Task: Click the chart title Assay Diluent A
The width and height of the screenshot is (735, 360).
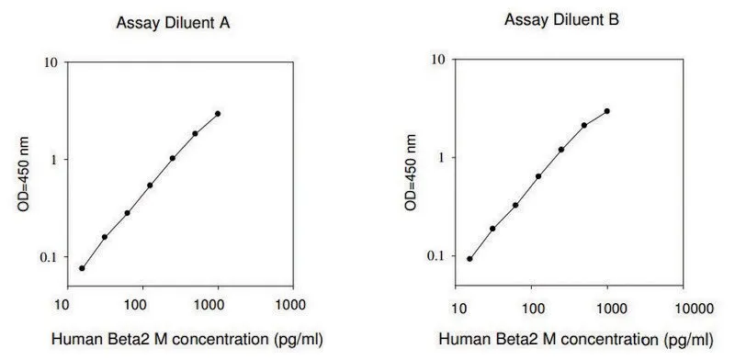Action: [x=173, y=23]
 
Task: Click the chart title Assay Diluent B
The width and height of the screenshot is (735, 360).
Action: [x=561, y=19]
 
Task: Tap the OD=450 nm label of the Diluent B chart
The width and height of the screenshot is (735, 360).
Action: [x=411, y=172]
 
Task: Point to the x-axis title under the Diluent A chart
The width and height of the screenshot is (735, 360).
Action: [x=187, y=339]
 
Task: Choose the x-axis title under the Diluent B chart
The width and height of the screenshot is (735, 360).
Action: [x=576, y=340]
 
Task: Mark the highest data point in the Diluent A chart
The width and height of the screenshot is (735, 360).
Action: [x=218, y=114]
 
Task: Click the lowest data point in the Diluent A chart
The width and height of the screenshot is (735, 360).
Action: [x=82, y=268]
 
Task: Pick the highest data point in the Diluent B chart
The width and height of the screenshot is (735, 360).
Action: [x=607, y=111]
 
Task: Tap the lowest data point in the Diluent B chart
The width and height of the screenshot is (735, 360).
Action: [x=469, y=259]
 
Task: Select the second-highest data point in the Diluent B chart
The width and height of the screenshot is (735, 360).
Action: [x=584, y=125]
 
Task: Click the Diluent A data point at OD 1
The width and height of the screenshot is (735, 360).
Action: [x=173, y=159]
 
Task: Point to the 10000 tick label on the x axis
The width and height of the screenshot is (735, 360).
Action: [x=695, y=309]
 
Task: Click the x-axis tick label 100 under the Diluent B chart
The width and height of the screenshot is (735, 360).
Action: [x=533, y=309]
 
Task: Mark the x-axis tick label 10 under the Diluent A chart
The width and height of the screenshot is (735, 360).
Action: [x=62, y=305]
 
